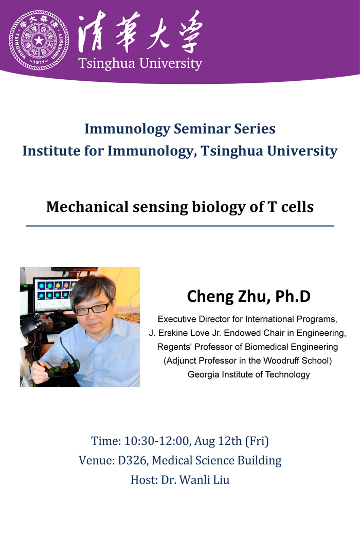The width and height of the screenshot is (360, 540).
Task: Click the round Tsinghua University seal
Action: pyautogui.click(x=39, y=40)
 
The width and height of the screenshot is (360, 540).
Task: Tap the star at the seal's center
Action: pyautogui.click(x=39, y=40)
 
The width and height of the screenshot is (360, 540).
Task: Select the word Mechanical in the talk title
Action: pyautogui.click(x=87, y=207)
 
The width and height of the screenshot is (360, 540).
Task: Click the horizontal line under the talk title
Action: pyautogui.click(x=180, y=226)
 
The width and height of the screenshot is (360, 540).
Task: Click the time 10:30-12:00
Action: pyautogui.click(x=157, y=441)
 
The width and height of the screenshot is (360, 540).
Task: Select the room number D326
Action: pyautogui.click(x=134, y=460)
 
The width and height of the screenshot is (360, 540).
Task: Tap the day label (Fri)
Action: pyautogui.click(x=257, y=441)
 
